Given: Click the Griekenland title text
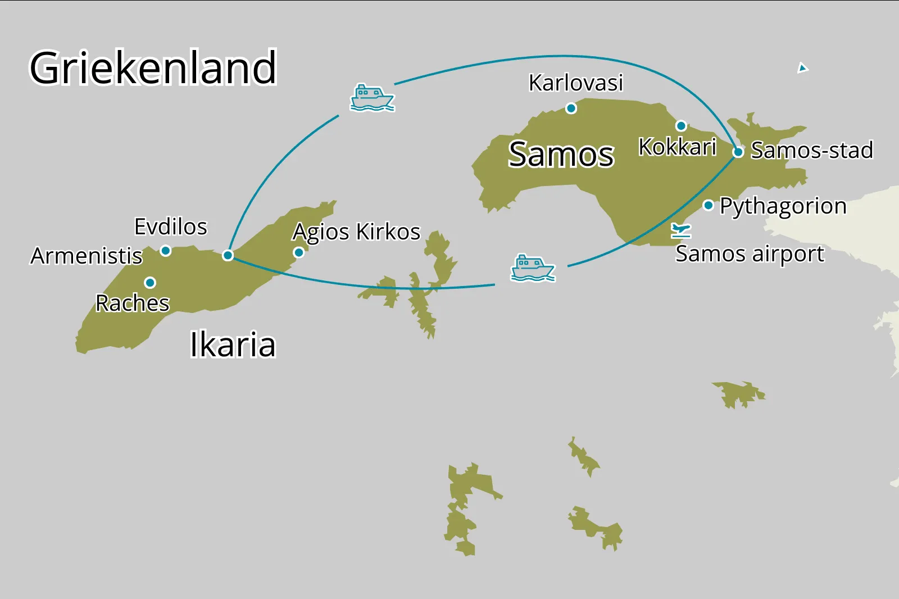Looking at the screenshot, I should pyautogui.click(x=153, y=68).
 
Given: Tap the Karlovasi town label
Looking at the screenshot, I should pyautogui.click(x=576, y=83).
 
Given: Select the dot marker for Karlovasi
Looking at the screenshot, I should pyautogui.click(x=571, y=108).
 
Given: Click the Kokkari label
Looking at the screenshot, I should pyautogui.click(x=677, y=147).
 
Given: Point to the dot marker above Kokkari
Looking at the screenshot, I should pyautogui.click(x=681, y=126).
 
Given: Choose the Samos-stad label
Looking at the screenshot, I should pyautogui.click(x=812, y=151).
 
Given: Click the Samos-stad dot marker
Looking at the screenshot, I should pyautogui.click(x=739, y=152).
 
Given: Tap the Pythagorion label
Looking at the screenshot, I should pyautogui.click(x=783, y=206).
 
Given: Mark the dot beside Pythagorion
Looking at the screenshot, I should pyautogui.click(x=709, y=206).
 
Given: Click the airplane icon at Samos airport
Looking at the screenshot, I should pyautogui.click(x=681, y=230).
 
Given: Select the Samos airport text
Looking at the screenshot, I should pyautogui.click(x=750, y=254).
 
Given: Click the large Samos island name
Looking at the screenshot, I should pyautogui.click(x=561, y=155).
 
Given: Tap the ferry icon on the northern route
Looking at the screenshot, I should pyautogui.click(x=371, y=98).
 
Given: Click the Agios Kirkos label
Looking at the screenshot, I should pyautogui.click(x=356, y=232).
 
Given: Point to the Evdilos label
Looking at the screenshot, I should pyautogui.click(x=171, y=227).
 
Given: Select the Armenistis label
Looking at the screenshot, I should pyautogui.click(x=87, y=256).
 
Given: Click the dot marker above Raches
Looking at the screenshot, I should pyautogui.click(x=150, y=282).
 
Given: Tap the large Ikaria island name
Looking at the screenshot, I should pyautogui.click(x=233, y=344).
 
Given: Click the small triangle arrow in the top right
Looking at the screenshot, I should pyautogui.click(x=802, y=68).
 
